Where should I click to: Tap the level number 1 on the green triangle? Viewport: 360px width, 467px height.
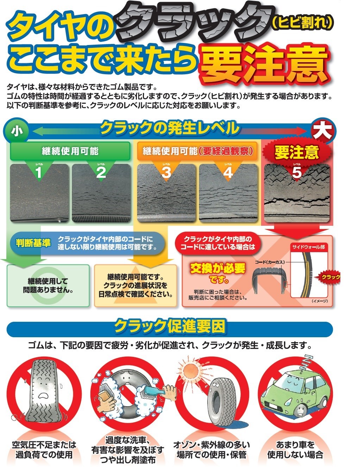pyautogui.click(x=39, y=172)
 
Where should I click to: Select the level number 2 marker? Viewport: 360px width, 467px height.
pyautogui.click(x=101, y=172)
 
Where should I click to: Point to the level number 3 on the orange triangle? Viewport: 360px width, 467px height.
pyautogui.click(x=166, y=172)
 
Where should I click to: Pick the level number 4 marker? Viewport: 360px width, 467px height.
pyautogui.click(x=228, y=172)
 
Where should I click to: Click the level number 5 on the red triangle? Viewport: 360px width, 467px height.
pyautogui.click(x=297, y=172)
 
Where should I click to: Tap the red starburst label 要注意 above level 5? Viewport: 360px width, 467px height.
pyautogui.click(x=297, y=152)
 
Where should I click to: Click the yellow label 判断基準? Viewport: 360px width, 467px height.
pyautogui.click(x=33, y=243)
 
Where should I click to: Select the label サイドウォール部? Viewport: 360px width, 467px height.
pyautogui.click(x=309, y=247)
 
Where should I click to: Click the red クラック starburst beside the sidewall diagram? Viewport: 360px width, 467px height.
pyautogui.click(x=329, y=277)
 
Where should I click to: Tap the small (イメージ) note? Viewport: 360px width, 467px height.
pyautogui.click(x=320, y=301)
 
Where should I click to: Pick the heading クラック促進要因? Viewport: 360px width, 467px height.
pyautogui.click(x=170, y=326)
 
